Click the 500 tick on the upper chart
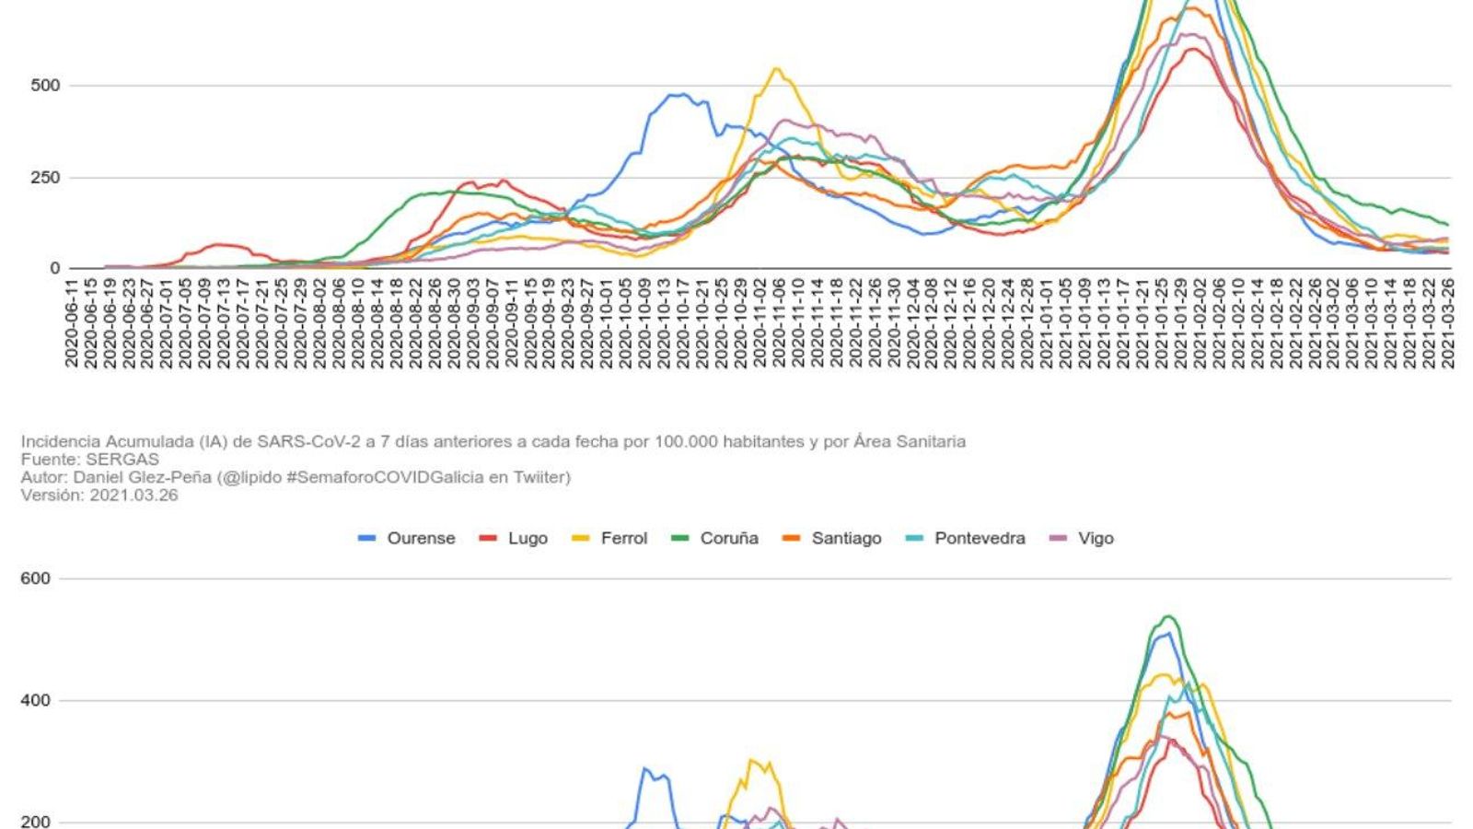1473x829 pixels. pos(45,86)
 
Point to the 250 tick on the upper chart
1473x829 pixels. pos(45,177)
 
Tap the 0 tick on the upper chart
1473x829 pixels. pos(55,268)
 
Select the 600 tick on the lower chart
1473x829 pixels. pos(36,578)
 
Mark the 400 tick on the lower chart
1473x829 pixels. pos(36,700)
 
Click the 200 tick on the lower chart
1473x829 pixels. pos(36,821)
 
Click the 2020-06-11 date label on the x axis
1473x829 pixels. pos(72,322)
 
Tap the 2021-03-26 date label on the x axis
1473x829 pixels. pos(1447,322)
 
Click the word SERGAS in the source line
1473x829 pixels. pos(122,459)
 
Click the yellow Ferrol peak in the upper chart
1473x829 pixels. pos(777,69)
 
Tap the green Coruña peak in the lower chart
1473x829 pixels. pos(1168,616)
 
